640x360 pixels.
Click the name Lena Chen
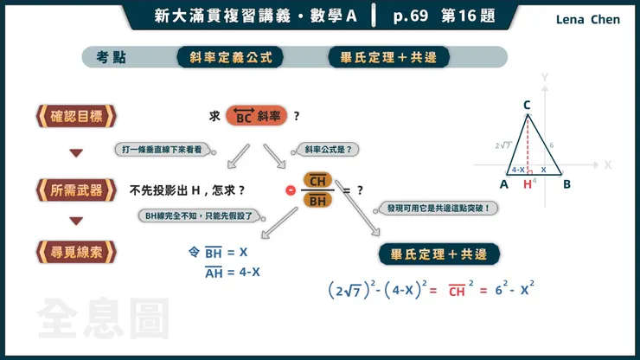click(588, 19)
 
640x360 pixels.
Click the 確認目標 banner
click(75, 116)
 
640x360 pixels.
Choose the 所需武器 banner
click(75, 190)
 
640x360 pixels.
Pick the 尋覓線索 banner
click(75, 252)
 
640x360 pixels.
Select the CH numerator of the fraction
click(317, 181)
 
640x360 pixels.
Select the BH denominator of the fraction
click(317, 200)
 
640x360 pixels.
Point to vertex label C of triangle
click(527, 105)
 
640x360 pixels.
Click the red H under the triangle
click(528, 184)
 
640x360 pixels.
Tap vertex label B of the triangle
click(566, 184)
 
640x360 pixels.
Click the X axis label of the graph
click(607, 164)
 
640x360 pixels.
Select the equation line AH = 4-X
click(231, 273)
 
